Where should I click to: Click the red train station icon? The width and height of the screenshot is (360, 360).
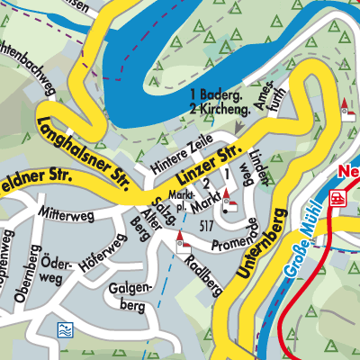(338, 197)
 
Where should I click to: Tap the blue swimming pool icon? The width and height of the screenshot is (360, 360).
(65, 329)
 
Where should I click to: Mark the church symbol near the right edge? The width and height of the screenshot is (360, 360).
(345, 108)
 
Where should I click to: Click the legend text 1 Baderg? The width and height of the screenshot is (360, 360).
(217, 94)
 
